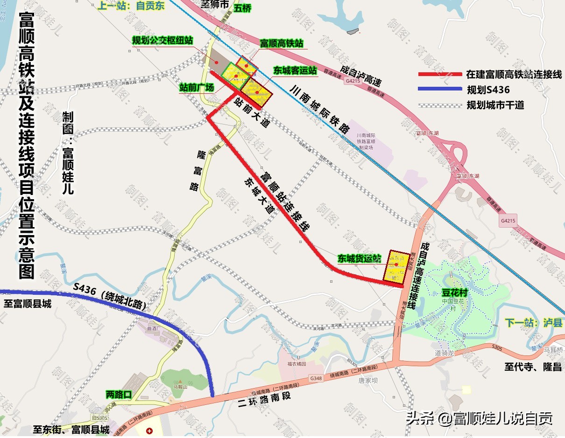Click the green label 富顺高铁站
pos(282,43)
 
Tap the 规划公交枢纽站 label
pos(162,41)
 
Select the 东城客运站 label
pos(295,70)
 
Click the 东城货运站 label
pos(360,258)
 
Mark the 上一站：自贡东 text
pos(125,7)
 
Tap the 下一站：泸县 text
pos(534,323)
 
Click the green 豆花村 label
pos(455,294)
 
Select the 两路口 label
pos(119,395)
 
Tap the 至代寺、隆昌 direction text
pos(532,367)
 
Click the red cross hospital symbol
pos(149,431)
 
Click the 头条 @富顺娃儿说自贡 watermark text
pos(480,418)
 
